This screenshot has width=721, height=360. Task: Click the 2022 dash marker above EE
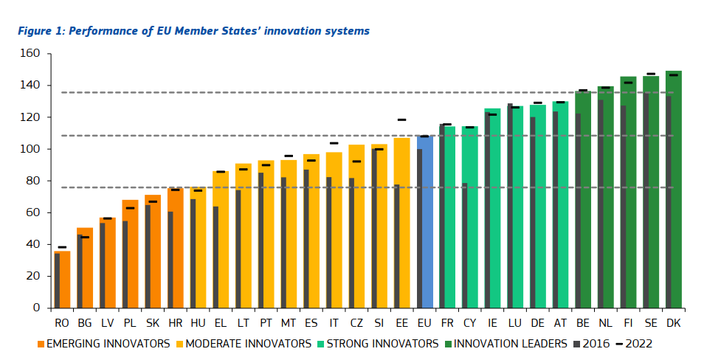coord(401,120)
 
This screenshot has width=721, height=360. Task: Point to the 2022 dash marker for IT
coord(334,143)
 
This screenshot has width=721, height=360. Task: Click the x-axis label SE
coord(651,322)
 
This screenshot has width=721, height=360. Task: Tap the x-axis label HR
coord(175,322)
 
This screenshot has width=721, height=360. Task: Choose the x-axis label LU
coord(515,322)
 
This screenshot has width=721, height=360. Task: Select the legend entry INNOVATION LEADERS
coord(510,344)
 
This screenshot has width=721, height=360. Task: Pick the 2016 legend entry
coord(593,344)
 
